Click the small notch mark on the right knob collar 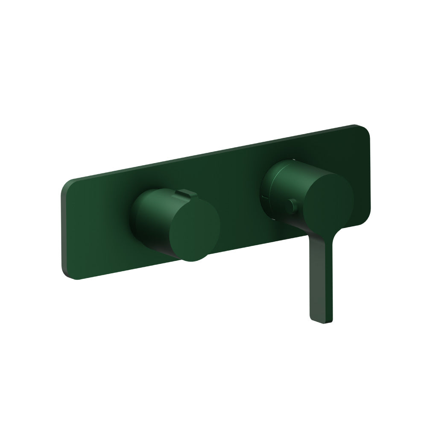(x=291, y=206)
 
